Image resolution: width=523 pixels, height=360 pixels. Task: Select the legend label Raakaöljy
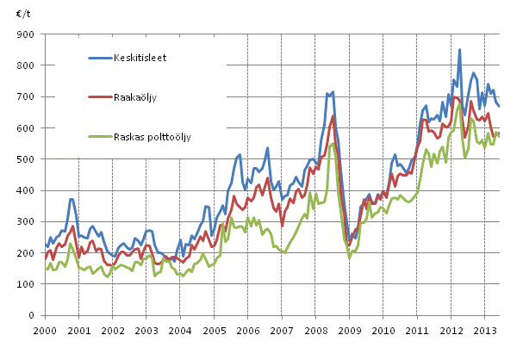click(x=135, y=97)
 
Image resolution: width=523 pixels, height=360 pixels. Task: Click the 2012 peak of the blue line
click(x=460, y=50)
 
